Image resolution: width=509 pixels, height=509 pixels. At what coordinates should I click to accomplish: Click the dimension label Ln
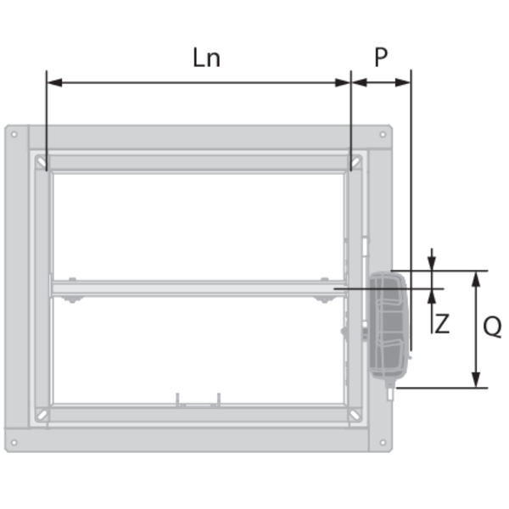(206, 58)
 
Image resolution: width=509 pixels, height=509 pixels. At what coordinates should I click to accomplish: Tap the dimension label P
(381, 57)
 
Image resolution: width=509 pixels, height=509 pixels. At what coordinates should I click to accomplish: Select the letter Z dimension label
(442, 324)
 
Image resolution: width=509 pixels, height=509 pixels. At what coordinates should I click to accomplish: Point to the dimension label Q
(492, 327)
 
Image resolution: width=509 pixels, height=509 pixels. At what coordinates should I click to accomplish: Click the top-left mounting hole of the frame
(14, 134)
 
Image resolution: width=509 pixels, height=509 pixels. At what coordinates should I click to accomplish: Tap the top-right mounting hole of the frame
(383, 134)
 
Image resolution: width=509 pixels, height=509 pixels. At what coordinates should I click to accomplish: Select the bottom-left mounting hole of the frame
(14, 442)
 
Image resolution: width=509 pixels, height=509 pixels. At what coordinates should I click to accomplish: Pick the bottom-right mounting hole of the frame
(383, 442)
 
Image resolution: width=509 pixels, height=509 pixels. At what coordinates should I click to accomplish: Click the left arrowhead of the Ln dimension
(54, 82)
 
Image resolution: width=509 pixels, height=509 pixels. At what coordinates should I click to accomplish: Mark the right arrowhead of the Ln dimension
(343, 82)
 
